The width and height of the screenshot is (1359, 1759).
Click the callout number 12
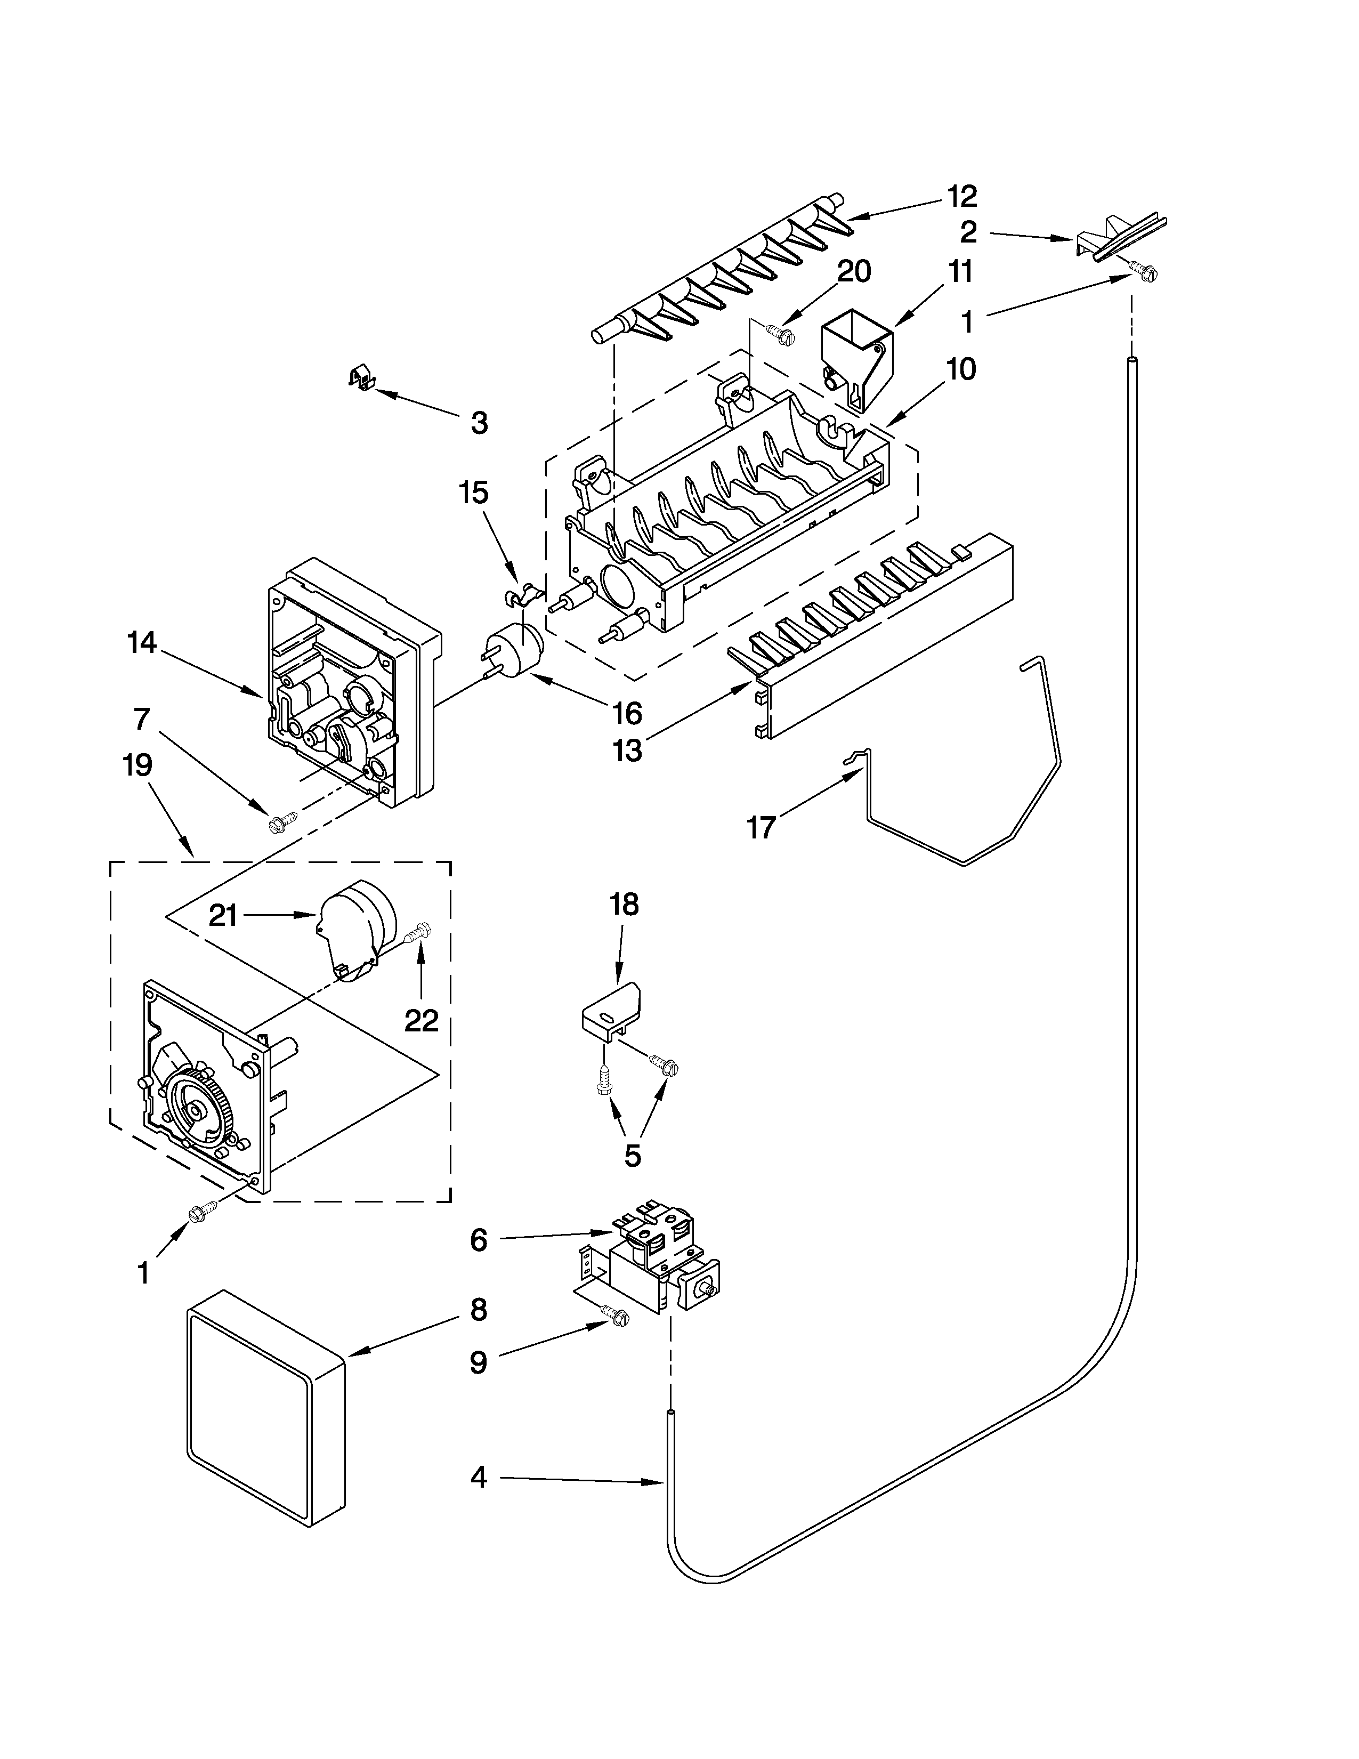(x=961, y=196)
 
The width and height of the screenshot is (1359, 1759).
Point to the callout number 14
(x=142, y=643)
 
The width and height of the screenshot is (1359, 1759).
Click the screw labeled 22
(x=419, y=933)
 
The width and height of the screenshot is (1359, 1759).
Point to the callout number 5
(x=633, y=1156)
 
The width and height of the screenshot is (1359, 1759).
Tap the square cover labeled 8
(x=266, y=1408)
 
